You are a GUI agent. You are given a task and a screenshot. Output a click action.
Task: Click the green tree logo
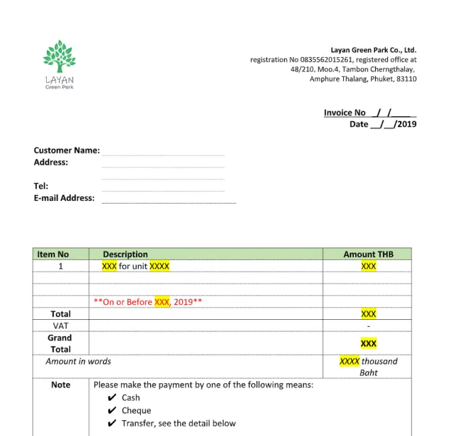[x=59, y=56]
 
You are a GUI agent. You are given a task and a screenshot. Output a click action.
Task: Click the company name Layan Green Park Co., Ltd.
[x=373, y=50]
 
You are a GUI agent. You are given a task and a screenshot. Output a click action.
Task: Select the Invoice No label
[x=344, y=113]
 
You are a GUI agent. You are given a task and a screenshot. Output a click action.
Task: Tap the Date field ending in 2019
[x=383, y=124]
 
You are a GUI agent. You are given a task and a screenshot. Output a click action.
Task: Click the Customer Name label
[x=67, y=150]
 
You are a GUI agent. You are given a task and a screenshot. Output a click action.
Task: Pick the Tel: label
[x=41, y=186]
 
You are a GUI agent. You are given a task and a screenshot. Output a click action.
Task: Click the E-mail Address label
[x=64, y=198]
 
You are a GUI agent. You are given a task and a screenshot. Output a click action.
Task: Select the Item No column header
[x=53, y=254]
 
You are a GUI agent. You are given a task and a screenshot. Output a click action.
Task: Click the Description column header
[x=125, y=254]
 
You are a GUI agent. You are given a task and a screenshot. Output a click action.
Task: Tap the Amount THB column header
[x=368, y=254]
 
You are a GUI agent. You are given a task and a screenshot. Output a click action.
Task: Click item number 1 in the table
[x=60, y=266]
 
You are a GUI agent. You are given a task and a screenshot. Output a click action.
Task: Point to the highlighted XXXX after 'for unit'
[x=159, y=266]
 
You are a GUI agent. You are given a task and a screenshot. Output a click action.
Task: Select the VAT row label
[x=60, y=325]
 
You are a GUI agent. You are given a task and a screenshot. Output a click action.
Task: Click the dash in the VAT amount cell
[x=368, y=326]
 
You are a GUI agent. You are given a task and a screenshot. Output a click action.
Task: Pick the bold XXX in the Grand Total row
[x=368, y=344]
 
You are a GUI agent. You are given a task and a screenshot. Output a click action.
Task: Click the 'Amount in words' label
[x=78, y=361]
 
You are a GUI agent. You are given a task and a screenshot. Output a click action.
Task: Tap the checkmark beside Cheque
[x=112, y=411]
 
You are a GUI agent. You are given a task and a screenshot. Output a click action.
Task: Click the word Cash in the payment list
[x=130, y=398]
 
